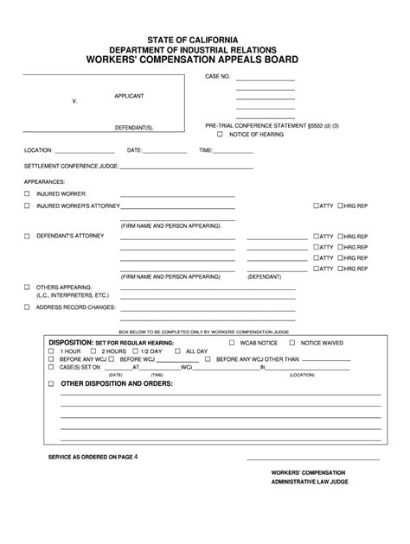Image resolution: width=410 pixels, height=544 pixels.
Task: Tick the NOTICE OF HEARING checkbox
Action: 220,135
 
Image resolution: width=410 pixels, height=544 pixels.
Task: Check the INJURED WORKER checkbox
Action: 27,195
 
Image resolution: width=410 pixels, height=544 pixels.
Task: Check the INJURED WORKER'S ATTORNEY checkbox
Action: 27,206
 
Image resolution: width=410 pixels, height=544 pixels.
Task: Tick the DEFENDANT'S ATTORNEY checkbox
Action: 27,236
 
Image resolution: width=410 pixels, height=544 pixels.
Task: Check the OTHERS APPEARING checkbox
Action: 27,286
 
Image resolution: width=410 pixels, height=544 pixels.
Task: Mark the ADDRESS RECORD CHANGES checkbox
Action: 27,307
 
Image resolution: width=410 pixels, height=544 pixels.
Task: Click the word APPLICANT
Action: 129,96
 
